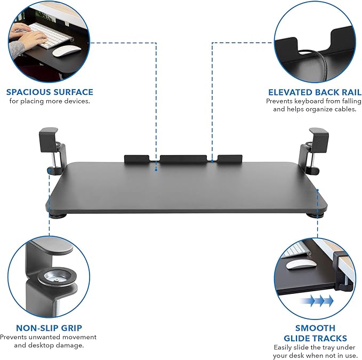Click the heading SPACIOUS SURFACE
50,92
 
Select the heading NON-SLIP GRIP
49,327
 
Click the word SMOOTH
315,327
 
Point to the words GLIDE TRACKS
315,338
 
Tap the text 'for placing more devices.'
50,101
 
